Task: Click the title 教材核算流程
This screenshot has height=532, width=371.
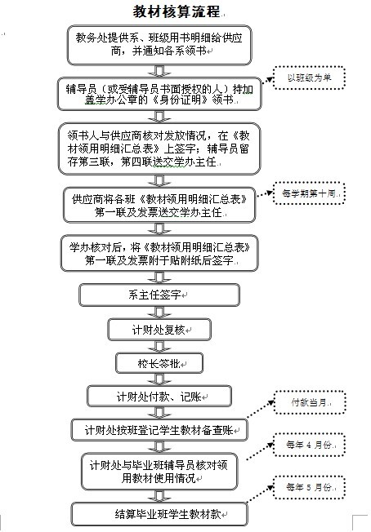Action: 176,12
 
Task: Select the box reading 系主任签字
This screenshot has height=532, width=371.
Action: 159,295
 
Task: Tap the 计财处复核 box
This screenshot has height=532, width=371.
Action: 159,330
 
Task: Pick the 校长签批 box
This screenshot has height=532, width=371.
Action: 159,363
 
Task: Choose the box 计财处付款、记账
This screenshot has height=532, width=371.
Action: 159,397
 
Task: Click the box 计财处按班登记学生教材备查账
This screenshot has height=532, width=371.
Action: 159,430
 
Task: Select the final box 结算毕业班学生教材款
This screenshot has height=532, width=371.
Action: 159,514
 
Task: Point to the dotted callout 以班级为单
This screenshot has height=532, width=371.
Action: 309,78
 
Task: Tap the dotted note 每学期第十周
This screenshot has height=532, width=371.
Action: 309,193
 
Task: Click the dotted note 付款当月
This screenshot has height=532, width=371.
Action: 310,402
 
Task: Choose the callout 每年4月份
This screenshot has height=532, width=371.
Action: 309,445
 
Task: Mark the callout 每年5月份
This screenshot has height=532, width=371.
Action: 309,487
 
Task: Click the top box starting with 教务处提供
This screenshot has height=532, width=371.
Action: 159,45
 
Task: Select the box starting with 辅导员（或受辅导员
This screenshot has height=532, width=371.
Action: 159,94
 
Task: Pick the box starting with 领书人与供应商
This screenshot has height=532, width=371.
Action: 159,149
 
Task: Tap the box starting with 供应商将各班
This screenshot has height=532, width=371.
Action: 159,205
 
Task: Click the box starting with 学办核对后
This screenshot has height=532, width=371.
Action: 159,254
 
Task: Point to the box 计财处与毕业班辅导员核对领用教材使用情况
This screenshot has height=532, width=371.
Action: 159,472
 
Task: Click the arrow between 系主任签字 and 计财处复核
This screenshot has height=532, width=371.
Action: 159,313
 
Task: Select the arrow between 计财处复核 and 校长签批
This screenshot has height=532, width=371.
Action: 159,347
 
